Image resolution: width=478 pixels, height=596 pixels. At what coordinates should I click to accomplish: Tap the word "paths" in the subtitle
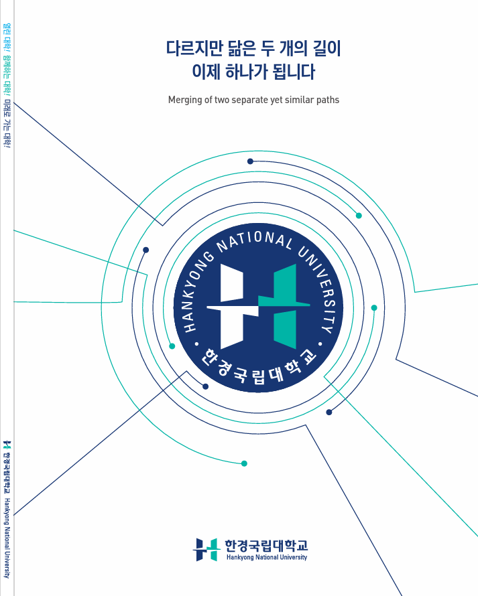(x=328, y=100)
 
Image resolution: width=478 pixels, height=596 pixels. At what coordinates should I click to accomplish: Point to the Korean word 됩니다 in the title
(x=294, y=72)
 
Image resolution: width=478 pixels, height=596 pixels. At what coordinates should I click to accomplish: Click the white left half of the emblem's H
(x=232, y=306)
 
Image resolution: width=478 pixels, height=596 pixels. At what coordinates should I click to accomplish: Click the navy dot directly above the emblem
(x=250, y=161)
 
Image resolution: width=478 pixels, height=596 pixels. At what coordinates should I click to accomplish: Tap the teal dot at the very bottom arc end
(x=244, y=463)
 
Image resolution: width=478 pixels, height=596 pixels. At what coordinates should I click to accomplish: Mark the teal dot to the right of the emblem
(x=374, y=308)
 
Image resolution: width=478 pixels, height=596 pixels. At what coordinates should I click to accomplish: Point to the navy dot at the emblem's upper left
(x=145, y=250)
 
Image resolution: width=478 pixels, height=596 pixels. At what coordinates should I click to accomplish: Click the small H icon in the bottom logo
(x=206, y=550)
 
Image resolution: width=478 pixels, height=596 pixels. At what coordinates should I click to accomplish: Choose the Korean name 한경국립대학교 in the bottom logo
(x=266, y=546)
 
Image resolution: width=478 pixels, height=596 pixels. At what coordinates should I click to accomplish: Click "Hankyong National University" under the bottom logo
(x=267, y=557)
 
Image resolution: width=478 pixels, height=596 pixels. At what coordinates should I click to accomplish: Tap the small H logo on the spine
(x=7, y=445)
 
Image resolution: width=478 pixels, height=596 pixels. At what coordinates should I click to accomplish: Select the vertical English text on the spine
(x=7, y=538)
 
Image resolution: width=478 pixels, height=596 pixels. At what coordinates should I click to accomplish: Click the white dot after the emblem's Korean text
(x=320, y=344)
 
